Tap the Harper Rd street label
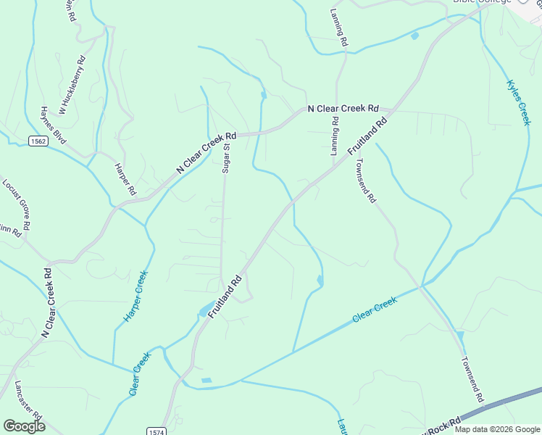coord(125,179)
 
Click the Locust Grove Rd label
coord(15,205)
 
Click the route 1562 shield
coord(38,141)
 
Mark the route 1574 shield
coord(156,431)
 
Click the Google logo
coord(24,426)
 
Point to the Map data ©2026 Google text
coord(497,429)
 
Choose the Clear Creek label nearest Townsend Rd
coord(375,310)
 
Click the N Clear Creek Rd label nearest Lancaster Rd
coord(49,303)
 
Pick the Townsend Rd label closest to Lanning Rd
coord(365,181)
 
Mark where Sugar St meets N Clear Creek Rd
coord(225,136)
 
